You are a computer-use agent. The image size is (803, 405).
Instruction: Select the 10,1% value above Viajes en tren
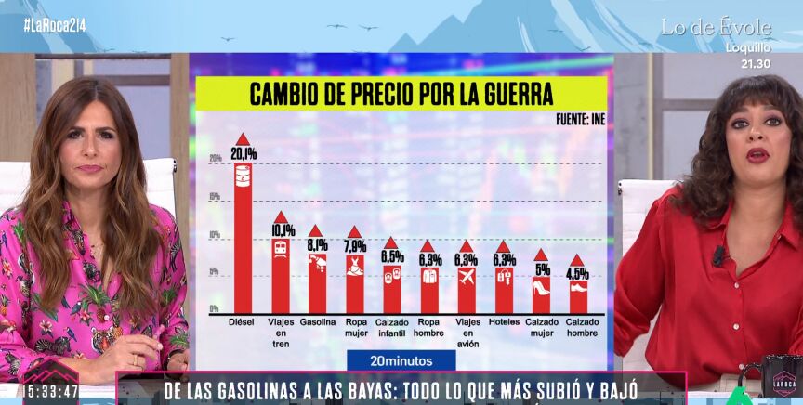tap(283, 229)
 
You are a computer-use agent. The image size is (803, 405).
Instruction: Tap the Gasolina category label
tap(318, 322)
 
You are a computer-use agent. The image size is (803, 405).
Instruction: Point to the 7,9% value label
tap(355, 246)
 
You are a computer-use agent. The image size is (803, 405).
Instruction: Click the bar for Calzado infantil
tap(392, 288)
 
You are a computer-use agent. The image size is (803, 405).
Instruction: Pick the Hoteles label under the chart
tap(504, 322)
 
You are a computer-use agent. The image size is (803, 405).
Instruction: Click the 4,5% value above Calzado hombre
tap(577, 274)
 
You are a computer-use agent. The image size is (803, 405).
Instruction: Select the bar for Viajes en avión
tap(467, 289)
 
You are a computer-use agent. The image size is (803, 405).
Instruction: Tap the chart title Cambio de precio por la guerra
tap(401, 95)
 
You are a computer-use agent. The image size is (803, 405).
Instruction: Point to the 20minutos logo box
tap(401, 359)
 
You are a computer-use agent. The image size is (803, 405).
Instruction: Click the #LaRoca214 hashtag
tap(55, 25)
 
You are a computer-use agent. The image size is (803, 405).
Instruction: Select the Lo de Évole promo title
tap(717, 28)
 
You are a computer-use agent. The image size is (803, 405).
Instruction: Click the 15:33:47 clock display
tap(51, 391)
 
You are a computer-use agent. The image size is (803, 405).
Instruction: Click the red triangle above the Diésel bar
tap(243, 138)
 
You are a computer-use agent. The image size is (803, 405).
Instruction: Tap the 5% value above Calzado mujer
tap(542, 269)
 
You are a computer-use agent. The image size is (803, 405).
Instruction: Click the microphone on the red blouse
tap(717, 255)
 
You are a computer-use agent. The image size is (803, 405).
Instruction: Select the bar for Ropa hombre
tap(429, 289)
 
